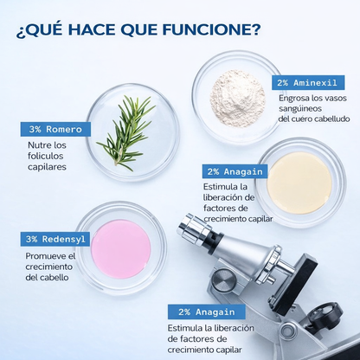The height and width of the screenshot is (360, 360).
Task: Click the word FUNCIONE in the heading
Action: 205,29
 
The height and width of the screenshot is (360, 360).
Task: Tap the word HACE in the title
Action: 93,29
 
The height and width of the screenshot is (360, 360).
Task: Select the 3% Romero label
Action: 54,129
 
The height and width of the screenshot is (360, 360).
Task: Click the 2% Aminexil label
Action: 308,83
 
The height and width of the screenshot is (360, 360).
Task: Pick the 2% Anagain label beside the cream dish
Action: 233,171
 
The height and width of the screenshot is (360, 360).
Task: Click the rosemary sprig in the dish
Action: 128,132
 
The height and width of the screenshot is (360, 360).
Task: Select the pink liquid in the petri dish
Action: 120,248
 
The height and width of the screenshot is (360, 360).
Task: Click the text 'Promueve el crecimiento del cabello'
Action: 50,267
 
